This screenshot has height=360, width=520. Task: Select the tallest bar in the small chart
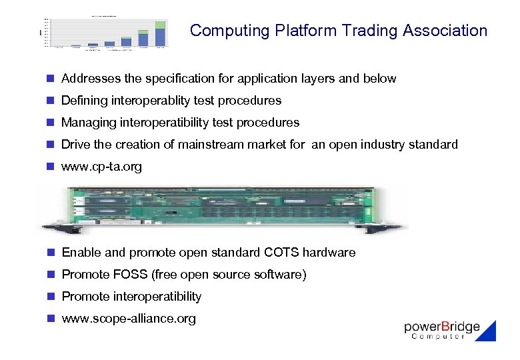click(x=160, y=35)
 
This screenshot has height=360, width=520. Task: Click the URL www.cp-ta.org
click(x=101, y=167)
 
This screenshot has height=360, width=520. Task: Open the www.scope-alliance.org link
click(x=129, y=319)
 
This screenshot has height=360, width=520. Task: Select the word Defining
click(x=83, y=101)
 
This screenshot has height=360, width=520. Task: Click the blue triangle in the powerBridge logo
click(x=487, y=331)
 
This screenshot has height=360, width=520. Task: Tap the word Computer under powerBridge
click(x=438, y=337)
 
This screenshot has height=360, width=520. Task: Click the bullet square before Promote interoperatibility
click(x=50, y=297)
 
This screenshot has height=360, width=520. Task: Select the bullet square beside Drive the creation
click(x=50, y=145)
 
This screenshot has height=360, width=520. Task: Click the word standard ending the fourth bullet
click(x=433, y=145)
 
